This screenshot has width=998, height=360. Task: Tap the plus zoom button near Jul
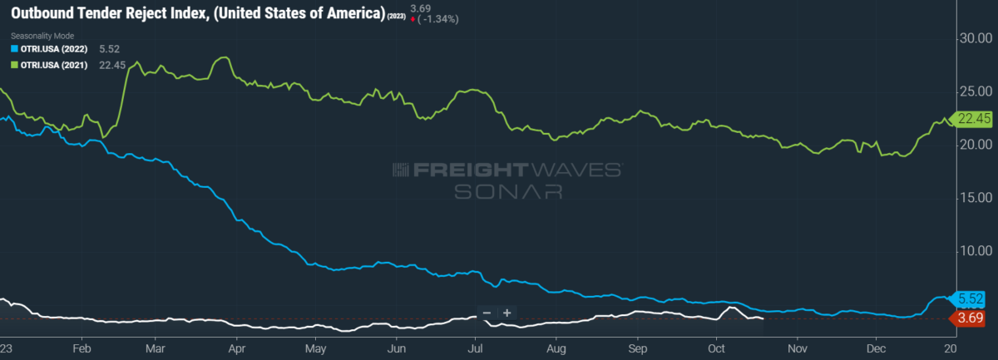pos(506,313)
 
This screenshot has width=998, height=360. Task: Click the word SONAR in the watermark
pos(507,191)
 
